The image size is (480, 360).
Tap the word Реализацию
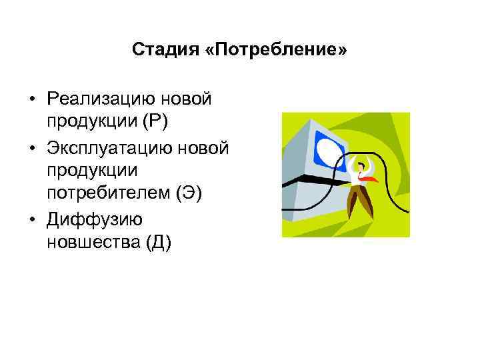(99, 99)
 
